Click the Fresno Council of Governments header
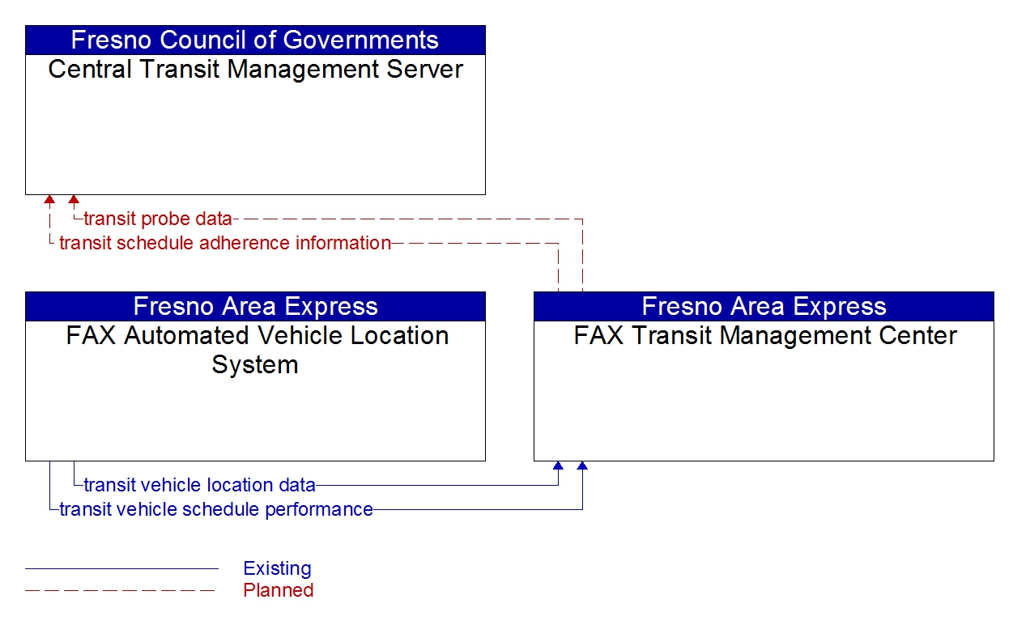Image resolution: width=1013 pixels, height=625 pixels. pos(255,40)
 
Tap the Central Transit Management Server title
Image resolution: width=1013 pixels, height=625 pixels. pos(255,70)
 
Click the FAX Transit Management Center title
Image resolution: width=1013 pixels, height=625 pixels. pos(764,336)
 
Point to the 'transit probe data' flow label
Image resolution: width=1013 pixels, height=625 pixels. pos(158,219)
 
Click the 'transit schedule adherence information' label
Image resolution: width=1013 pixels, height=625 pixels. pos(225,243)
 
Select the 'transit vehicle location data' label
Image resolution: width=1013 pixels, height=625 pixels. pos(199,485)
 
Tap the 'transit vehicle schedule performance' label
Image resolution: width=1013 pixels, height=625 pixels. pos(216,509)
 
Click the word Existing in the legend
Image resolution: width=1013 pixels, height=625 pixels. pos(277,568)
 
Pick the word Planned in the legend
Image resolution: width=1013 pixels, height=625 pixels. pos(278,590)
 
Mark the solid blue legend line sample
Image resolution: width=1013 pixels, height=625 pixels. pos(121,568)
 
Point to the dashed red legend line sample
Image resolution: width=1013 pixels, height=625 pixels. pos(121,590)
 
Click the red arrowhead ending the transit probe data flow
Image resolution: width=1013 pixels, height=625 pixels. pos(74,199)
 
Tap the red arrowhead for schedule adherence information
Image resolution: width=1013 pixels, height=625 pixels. pos(49,199)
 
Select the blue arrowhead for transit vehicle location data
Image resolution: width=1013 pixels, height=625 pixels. pos(558,466)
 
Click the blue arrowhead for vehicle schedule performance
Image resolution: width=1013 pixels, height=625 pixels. pos(582,466)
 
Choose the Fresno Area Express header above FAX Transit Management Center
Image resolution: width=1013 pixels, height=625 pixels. pos(764,307)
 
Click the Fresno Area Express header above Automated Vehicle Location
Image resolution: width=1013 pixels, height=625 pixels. pos(255,307)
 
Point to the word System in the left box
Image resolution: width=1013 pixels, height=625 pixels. pos(255,364)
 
